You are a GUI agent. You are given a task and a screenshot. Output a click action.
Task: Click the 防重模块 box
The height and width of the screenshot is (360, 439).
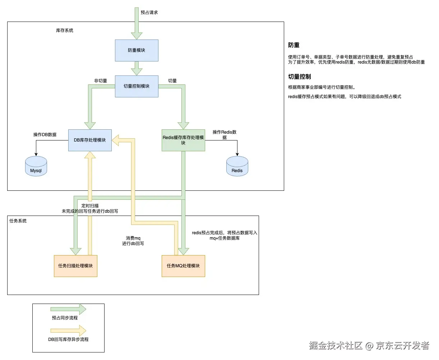pos(137,50)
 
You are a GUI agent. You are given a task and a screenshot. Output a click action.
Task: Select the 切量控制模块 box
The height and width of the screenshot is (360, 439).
pos(137,86)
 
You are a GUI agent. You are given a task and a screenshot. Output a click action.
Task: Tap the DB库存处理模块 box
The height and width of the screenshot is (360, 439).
pos(90,140)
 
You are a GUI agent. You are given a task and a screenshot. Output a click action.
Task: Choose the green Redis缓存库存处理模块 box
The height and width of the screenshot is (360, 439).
pos(183,140)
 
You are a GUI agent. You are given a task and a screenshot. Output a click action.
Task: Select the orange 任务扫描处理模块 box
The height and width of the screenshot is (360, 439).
pos(75,266)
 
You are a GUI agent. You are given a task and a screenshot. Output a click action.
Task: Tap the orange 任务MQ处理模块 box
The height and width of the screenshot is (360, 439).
pos(183,266)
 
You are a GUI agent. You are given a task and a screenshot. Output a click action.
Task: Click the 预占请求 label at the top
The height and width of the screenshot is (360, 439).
pos(149,13)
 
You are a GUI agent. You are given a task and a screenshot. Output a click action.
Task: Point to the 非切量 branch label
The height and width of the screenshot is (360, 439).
pos(101,81)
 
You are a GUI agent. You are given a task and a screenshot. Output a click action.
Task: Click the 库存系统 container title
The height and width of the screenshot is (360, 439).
pos(65,31)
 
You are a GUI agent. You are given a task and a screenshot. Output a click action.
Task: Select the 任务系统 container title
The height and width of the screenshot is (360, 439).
pos(18,221)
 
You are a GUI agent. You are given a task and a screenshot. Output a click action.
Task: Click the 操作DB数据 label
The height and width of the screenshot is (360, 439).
pos(45,135)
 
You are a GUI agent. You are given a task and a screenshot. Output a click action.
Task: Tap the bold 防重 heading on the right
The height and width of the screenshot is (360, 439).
pos(294,45)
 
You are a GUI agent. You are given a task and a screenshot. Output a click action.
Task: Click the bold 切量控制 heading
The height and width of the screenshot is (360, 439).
pos(300,77)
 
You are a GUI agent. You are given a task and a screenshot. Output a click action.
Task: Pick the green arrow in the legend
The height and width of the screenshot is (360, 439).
pos(68,309)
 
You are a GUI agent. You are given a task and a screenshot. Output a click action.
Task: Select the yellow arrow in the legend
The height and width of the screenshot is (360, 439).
pos(68,331)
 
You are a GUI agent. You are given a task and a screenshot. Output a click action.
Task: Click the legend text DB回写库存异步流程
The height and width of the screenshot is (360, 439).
pos(68,340)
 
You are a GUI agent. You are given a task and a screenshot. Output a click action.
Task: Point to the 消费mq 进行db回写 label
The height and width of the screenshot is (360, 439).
pos(133,241)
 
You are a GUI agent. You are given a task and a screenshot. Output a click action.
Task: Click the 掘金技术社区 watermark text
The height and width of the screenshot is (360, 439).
pos(336,346)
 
